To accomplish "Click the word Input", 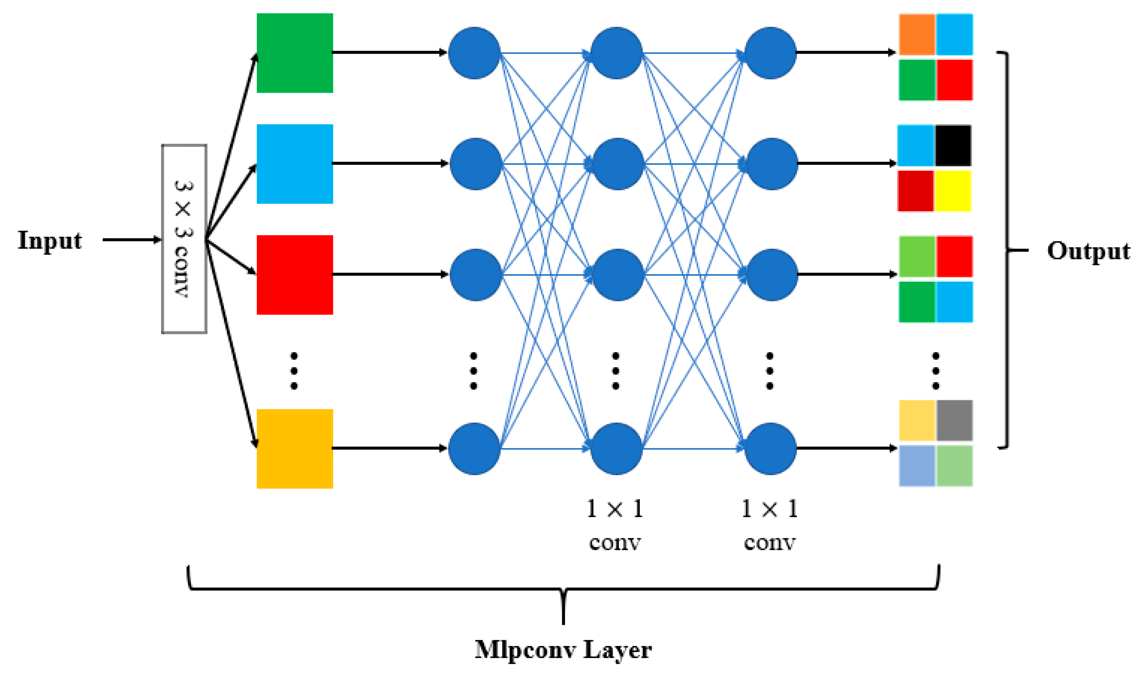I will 50,241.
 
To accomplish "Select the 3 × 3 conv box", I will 184,239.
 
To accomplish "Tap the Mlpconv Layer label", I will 563,650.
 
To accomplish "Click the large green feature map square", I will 295,53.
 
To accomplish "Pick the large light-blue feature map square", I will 295,164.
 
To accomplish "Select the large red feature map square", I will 295,275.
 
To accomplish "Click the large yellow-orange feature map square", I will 295,449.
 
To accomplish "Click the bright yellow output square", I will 953,191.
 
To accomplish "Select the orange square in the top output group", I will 917,34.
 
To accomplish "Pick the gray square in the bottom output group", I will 954,420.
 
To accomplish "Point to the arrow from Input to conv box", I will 132,240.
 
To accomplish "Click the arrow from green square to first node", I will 389,53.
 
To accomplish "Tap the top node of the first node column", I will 475,53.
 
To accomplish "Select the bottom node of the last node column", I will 770,449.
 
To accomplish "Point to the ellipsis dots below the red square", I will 294,371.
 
